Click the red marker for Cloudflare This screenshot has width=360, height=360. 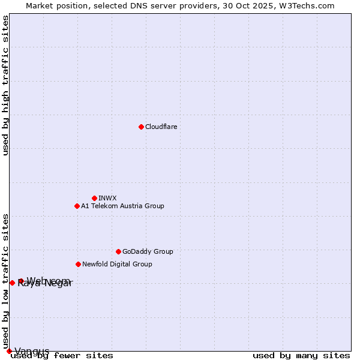[141, 127]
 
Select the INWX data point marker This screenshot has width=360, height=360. [94, 198]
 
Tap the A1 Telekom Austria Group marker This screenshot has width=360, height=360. [77, 206]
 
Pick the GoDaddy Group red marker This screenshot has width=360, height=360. [118, 251]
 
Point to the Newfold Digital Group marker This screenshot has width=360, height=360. [78, 264]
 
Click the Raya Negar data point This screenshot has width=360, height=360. [12, 283]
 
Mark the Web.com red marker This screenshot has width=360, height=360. [21, 281]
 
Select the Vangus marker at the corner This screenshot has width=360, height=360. [9, 351]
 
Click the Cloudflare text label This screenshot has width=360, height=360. [161, 127]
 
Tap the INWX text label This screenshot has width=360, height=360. [107, 198]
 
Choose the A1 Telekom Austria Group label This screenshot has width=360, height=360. [122, 206]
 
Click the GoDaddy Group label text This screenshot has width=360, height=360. [148, 251]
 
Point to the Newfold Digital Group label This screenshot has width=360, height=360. [117, 264]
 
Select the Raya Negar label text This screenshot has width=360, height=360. [44, 284]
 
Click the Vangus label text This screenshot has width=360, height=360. [32, 351]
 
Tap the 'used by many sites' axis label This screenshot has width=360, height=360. [301, 355]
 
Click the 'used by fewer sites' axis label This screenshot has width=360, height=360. [62, 355]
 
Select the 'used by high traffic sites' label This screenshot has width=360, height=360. [5, 85]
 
